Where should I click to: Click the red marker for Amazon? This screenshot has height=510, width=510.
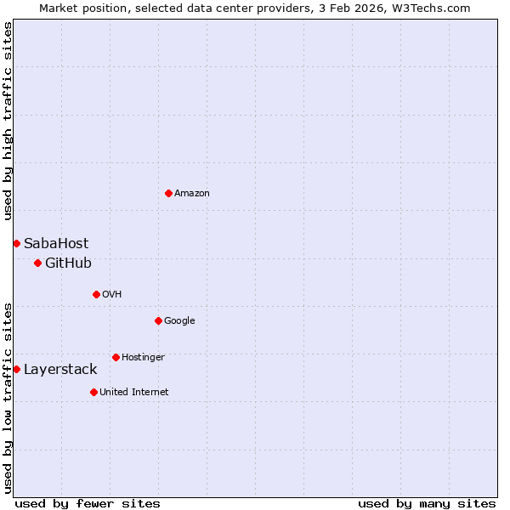pyautogui.click(x=168, y=194)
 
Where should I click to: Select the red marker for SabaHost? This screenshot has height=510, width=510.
pyautogui.click(x=16, y=244)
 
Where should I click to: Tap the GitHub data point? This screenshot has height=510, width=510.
pyautogui.click(x=37, y=263)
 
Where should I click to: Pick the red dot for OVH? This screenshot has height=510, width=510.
pyautogui.click(x=96, y=295)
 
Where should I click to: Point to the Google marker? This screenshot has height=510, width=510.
pyautogui.click(x=158, y=321)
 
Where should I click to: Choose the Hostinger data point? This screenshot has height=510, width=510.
pyautogui.click(x=116, y=358)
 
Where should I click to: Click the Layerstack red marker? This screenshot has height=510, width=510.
pyautogui.click(x=16, y=370)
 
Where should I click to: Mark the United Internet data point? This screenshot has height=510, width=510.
pyautogui.click(x=93, y=393)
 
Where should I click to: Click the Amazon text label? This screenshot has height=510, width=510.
pyautogui.click(x=192, y=194)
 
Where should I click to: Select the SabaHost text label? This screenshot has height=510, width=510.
pyautogui.click(x=56, y=244)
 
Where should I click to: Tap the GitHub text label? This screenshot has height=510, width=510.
pyautogui.click(x=68, y=263)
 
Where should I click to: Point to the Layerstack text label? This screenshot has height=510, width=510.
pyautogui.click(x=60, y=370)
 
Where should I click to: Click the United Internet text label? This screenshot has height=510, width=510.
pyautogui.click(x=134, y=393)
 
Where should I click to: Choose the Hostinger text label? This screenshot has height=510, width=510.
pyautogui.click(x=143, y=358)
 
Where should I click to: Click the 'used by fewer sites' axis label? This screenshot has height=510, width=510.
pyautogui.click(x=88, y=503)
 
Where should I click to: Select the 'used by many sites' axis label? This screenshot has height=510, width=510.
pyautogui.click(x=427, y=503)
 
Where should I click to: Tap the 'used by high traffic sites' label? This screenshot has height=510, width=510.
pyautogui.click(x=8, y=121)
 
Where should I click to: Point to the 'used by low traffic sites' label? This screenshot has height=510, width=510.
pyautogui.click(x=8, y=397)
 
